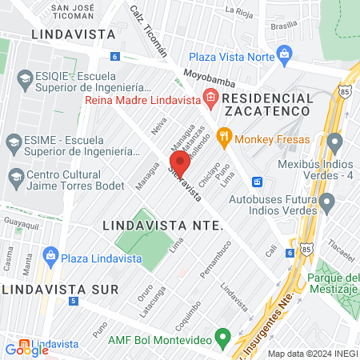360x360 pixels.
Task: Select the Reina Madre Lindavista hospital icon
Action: [210, 100]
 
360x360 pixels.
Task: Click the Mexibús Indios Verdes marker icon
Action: [334, 145]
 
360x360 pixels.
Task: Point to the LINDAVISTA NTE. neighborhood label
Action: [162, 226]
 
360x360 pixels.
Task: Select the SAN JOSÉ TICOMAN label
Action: [77, 11]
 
